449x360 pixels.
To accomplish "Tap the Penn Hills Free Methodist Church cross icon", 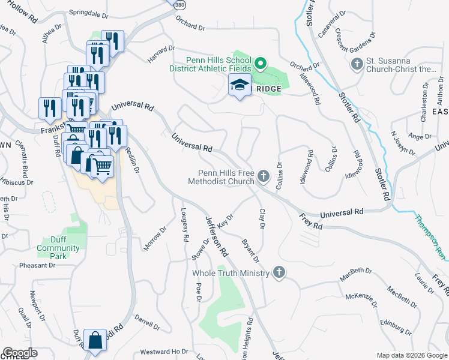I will point(263,176).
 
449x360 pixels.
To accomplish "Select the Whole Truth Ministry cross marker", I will point(278,273).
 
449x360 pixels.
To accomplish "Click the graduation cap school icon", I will point(240,85).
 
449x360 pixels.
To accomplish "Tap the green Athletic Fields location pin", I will point(261,63).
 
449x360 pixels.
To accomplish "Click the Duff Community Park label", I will point(58,251).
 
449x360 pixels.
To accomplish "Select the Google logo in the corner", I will point(19,353).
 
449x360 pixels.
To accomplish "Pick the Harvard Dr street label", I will point(161,55).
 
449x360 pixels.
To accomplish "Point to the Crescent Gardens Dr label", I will point(355,41).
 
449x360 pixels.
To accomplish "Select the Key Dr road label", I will point(226,220).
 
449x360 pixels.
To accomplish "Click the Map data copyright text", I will point(411,355).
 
